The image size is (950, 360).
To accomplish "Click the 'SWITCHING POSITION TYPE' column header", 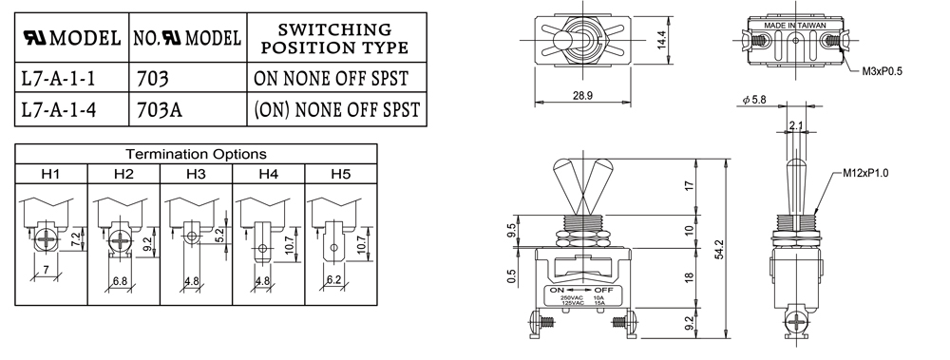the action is point(334,38).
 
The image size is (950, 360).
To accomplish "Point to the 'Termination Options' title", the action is point(196,154).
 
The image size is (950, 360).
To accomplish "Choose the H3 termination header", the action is point(196,174).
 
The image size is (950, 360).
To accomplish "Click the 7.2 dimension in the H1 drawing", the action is point(74,239).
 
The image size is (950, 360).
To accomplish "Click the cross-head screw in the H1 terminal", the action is point(46,240).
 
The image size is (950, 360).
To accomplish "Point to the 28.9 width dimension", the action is point(582,96).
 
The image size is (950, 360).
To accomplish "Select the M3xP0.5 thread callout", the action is point(883,71).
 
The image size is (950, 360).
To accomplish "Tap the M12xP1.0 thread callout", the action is point(865,173).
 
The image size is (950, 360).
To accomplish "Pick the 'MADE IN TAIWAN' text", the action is point(794,26).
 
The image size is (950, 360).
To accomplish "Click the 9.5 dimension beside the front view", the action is point(511,231).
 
